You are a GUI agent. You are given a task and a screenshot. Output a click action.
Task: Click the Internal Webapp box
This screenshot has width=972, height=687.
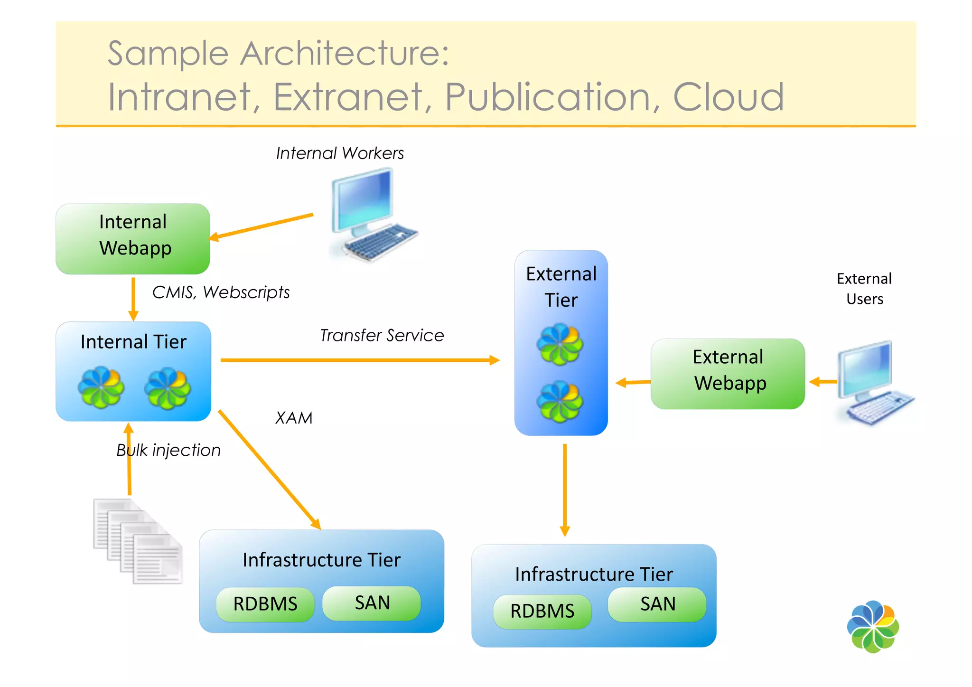coord(133,239)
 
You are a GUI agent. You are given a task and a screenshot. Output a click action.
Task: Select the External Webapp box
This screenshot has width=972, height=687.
coord(728,374)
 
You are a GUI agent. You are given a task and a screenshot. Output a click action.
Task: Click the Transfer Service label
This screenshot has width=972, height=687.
coord(382,335)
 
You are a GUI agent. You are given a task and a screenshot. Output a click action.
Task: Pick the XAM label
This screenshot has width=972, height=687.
coord(294,418)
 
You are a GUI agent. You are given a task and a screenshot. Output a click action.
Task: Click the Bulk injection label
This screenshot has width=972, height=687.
coord(168,450)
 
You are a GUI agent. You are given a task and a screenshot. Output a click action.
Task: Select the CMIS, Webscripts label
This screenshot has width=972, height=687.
coord(221,292)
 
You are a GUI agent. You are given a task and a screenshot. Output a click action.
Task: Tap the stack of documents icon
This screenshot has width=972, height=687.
coord(138,541)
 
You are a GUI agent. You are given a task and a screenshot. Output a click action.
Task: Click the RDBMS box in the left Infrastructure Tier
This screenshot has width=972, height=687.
coord(265,604)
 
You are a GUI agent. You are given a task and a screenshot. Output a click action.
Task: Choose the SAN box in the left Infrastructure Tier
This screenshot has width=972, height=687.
coord(372,603)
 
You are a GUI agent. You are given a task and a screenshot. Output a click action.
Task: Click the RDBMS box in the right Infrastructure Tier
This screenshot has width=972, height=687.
coord(542,611)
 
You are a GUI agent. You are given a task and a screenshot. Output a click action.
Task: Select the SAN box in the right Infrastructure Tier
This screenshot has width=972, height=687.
coord(657,604)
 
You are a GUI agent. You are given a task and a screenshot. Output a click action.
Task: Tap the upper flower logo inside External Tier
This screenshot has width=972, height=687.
coord(560,344)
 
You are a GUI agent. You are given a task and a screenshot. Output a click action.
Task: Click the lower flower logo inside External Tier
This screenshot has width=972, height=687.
coord(560,402)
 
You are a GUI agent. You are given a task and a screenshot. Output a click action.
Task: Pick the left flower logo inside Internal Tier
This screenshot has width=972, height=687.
coord(101,387)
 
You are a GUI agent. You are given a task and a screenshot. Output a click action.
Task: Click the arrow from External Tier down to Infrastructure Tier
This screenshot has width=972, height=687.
coord(565,489)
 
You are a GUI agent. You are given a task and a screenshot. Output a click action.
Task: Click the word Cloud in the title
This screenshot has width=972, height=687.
coord(729,97)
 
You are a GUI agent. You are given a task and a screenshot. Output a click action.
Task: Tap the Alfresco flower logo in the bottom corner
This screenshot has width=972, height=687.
coord(873,627)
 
